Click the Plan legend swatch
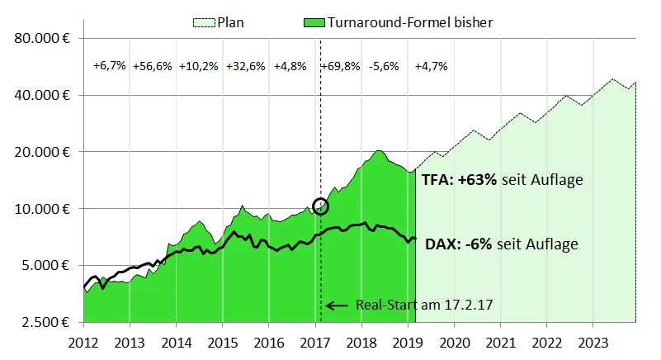coord(203,23)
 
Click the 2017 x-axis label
coord(315,340)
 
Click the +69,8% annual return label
coord(341,66)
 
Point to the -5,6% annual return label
coord(385,66)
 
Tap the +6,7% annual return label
coord(109,66)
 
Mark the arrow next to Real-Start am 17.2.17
coord(337,306)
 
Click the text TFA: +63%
coord(459,180)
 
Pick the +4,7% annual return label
coord(431,66)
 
